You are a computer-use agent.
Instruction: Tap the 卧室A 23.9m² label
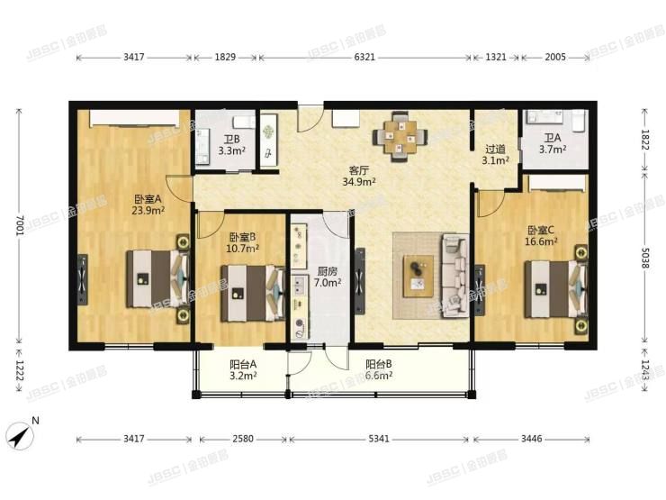[x=148, y=205]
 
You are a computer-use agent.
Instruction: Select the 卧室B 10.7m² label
[x=243, y=241]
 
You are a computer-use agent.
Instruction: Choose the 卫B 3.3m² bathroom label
[x=231, y=145]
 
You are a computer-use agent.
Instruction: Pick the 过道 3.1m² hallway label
[x=496, y=155]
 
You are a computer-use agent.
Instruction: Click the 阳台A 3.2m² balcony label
[x=243, y=369]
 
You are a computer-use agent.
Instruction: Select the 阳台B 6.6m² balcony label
[x=378, y=369]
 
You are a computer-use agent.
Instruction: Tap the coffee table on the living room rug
[x=418, y=272]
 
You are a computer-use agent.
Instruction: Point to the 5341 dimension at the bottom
[x=380, y=441]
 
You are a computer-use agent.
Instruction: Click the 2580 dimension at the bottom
[x=241, y=441]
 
